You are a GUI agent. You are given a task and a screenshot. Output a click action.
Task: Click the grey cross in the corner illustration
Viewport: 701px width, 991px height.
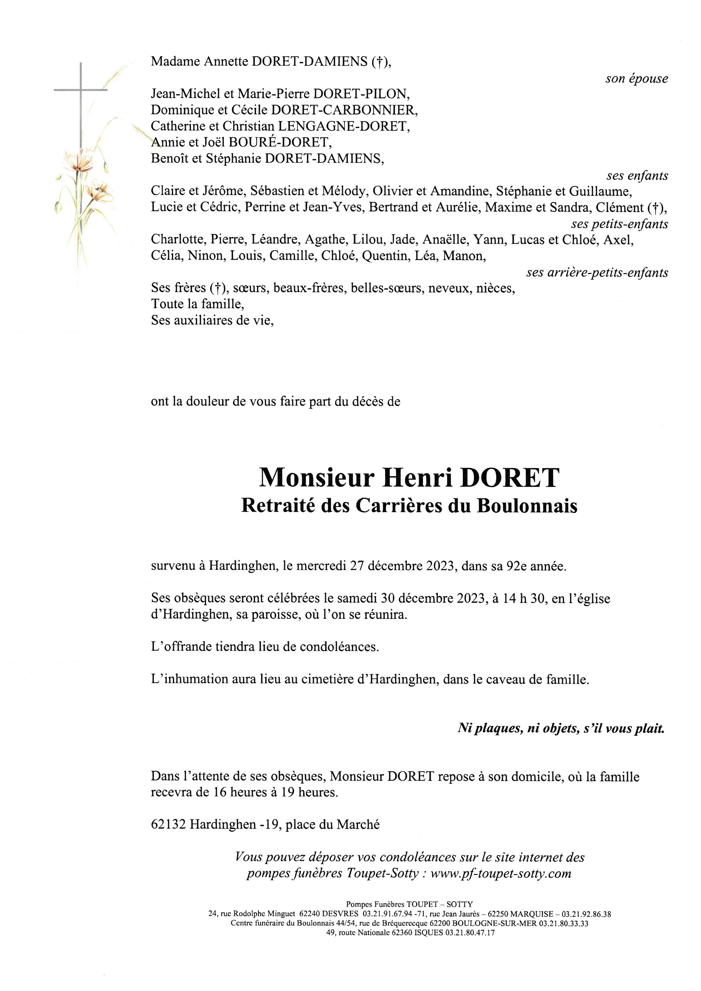click(81, 90)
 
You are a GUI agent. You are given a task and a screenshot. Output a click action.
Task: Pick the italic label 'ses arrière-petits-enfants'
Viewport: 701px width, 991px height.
click(597, 273)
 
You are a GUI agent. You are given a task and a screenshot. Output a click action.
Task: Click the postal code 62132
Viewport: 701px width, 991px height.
click(168, 825)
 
